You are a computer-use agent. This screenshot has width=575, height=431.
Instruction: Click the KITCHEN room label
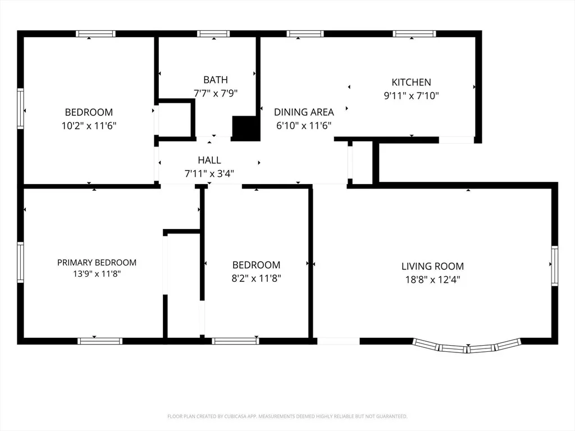point(411,82)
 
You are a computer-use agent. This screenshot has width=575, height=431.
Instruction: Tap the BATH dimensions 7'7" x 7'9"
point(216,94)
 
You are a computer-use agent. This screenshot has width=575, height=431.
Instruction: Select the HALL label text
point(209,160)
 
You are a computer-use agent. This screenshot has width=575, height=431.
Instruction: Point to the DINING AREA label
point(304,112)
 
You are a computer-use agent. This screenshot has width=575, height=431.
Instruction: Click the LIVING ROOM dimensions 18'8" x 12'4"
point(433,279)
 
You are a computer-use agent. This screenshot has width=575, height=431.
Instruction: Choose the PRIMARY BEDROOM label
point(97,263)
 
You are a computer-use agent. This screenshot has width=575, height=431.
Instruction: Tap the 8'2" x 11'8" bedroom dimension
point(256,278)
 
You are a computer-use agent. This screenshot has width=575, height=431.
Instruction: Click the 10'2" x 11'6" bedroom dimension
point(89,126)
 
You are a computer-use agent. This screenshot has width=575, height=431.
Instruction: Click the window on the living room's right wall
point(554,265)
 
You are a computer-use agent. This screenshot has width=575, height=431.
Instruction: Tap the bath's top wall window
point(213,34)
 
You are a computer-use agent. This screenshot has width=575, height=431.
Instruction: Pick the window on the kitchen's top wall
point(414,34)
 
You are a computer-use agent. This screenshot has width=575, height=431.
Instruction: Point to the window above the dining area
point(305,34)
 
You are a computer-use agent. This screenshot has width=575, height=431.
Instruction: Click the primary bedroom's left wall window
point(21,262)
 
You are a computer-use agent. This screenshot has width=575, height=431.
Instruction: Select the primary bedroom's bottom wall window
point(100,341)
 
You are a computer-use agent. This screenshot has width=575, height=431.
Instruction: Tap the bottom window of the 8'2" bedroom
point(235,341)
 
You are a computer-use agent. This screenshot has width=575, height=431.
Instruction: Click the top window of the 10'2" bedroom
point(95,34)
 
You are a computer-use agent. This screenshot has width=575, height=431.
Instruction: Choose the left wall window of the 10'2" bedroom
point(21,108)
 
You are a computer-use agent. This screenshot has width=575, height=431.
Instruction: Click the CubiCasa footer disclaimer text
point(287,416)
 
